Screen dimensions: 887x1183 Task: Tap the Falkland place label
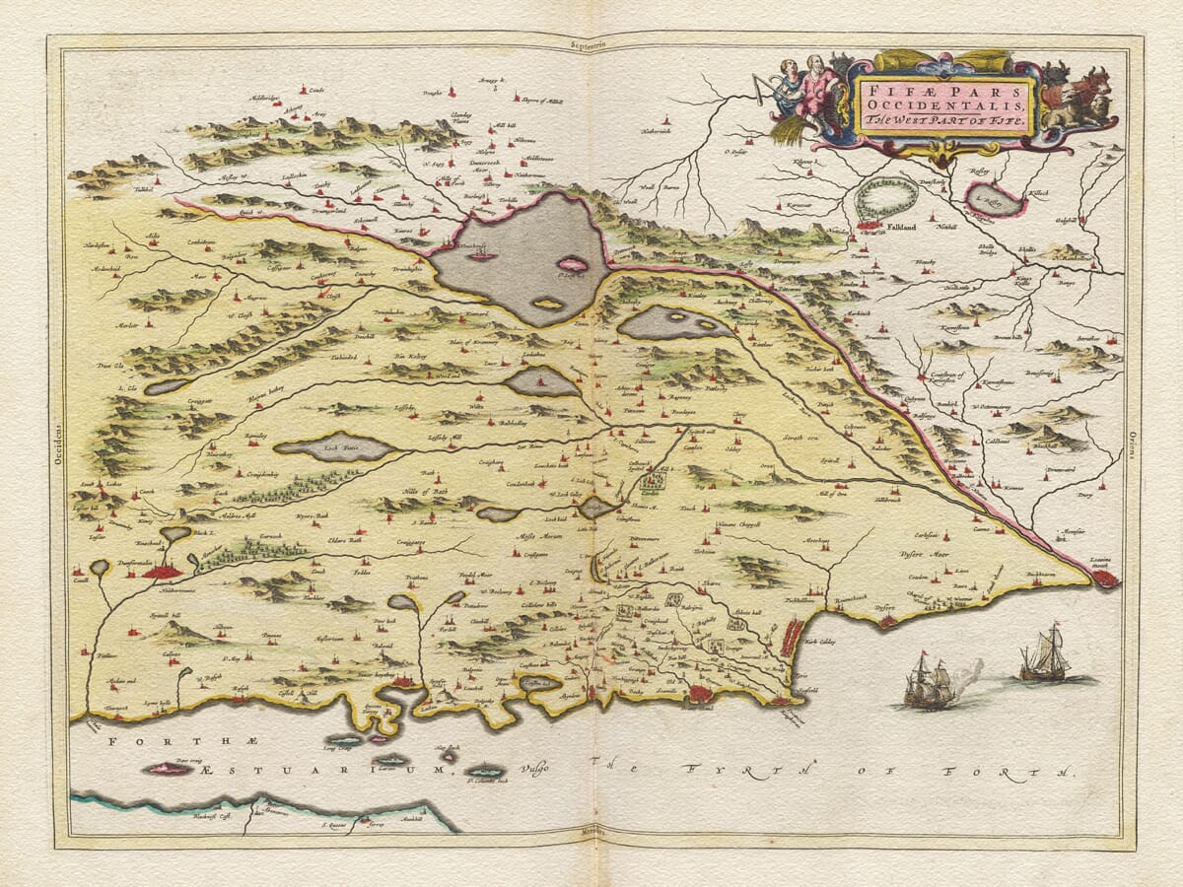(901, 226)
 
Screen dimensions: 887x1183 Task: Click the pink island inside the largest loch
(572, 264)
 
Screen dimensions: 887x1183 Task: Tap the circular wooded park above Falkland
(885, 197)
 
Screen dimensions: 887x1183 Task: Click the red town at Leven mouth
(1104, 579)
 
